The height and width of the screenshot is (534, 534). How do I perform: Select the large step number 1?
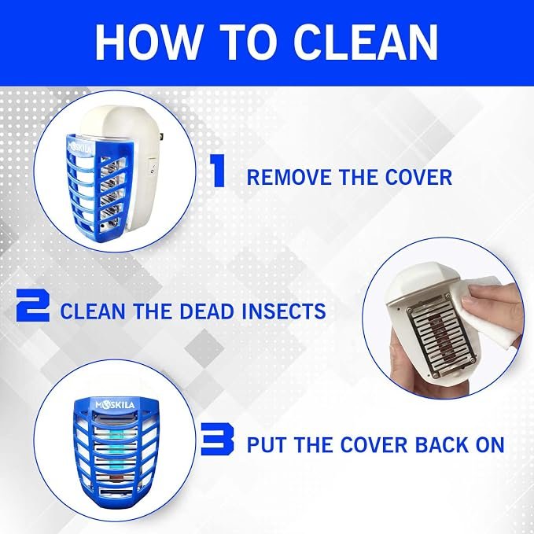click(217, 171)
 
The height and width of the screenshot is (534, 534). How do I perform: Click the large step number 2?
click(33, 305)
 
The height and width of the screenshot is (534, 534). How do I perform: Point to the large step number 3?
click(217, 439)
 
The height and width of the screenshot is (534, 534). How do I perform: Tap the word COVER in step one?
click(418, 177)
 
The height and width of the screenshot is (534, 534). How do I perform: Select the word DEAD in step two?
click(207, 311)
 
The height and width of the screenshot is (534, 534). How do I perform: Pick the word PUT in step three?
click(267, 445)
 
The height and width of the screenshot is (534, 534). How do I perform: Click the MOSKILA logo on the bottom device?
click(115, 405)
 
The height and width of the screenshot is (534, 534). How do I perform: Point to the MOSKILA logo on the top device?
click(80, 148)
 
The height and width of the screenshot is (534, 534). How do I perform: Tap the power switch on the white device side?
click(153, 167)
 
